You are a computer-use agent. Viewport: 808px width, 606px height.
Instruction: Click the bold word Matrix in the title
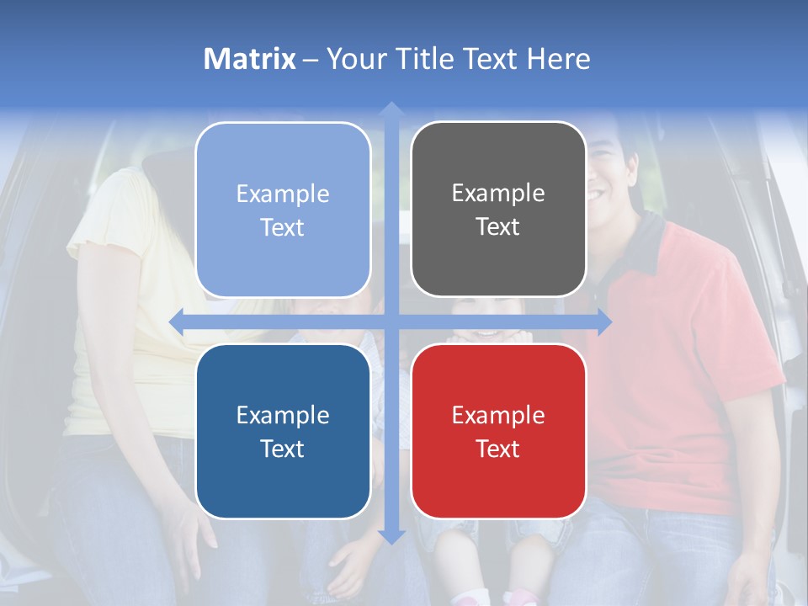click(250, 59)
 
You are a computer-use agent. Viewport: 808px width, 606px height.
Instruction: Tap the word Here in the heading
click(559, 59)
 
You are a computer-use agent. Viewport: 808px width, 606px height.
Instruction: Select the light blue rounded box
click(283, 210)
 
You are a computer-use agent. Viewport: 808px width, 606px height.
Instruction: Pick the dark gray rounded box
click(498, 210)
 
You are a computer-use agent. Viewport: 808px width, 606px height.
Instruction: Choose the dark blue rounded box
click(283, 432)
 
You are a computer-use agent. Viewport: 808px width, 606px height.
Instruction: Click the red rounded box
click(498, 432)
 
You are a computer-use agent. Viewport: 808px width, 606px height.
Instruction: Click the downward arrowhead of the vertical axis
click(391, 536)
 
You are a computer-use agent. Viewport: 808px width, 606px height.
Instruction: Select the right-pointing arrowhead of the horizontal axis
click(603, 322)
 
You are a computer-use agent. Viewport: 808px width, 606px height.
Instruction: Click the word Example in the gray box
click(498, 194)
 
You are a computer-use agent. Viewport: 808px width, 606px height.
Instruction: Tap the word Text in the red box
click(498, 449)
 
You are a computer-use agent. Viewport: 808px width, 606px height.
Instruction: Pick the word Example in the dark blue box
click(283, 415)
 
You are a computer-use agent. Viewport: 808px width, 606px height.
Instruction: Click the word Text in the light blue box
click(283, 228)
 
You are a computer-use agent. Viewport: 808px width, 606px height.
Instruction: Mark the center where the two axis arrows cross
click(391, 322)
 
